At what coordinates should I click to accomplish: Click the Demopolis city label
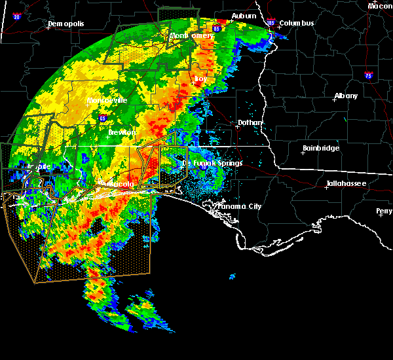(x=66, y=26)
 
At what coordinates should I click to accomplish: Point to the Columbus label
(x=296, y=24)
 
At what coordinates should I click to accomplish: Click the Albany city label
(x=346, y=96)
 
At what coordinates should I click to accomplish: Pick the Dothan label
(x=250, y=122)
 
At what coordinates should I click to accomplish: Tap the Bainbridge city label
(x=321, y=149)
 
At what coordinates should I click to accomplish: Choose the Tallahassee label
(x=346, y=184)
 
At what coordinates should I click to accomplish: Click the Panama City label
(x=240, y=206)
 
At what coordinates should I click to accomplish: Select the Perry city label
(x=384, y=211)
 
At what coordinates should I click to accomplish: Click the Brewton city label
(x=122, y=132)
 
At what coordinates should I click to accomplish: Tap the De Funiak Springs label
(x=212, y=163)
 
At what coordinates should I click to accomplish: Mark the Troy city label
(x=200, y=79)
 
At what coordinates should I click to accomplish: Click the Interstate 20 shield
(x=16, y=17)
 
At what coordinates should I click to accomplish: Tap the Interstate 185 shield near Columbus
(x=271, y=23)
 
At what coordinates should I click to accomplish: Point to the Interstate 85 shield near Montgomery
(x=217, y=29)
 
